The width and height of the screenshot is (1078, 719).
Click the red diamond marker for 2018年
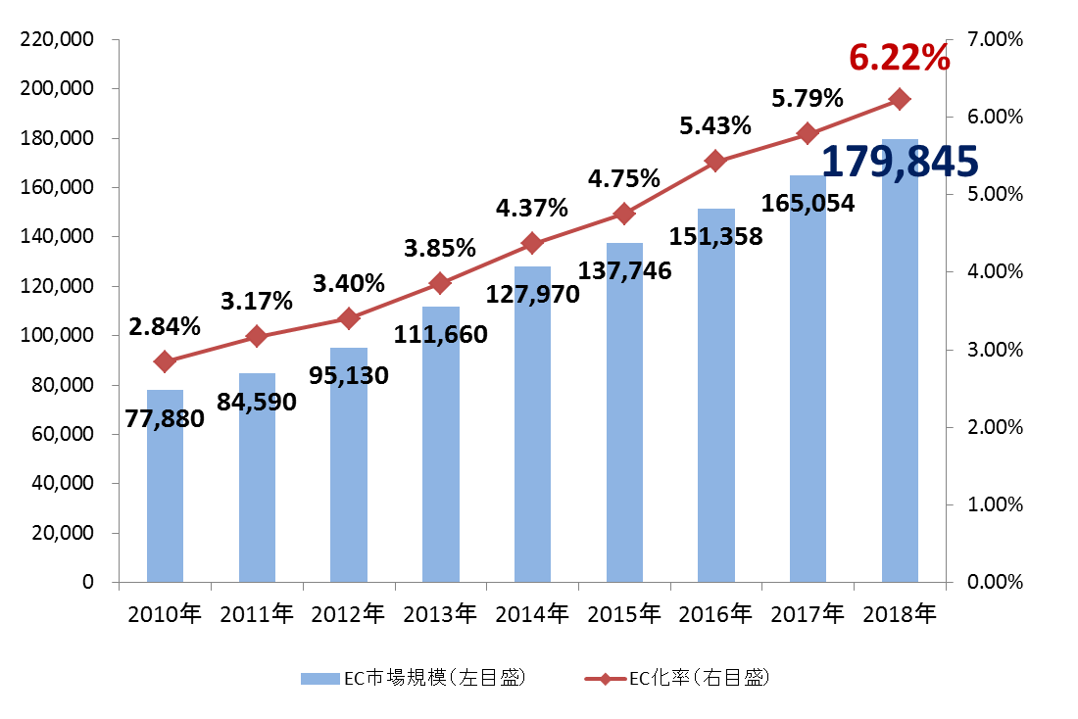point(900,99)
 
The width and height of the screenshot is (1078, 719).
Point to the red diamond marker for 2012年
point(348,318)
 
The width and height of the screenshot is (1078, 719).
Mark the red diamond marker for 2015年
point(624,214)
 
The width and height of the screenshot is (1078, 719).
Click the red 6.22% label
point(899,58)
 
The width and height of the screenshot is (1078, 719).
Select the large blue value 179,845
point(899,162)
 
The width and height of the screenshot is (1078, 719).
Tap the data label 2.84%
point(165,326)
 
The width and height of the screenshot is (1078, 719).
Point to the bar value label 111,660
point(440,335)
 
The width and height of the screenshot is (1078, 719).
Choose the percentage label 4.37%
point(530,208)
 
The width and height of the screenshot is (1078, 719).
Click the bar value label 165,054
point(808,204)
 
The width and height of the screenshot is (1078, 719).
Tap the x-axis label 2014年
point(532,614)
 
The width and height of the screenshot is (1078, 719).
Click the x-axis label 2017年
point(808,614)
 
